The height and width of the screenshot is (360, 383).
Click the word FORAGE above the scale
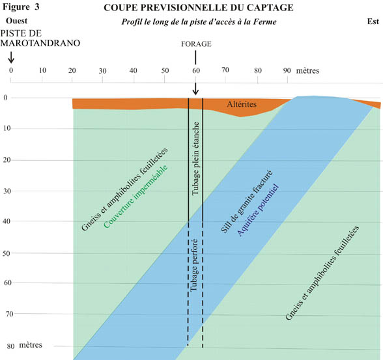[x=196, y=44]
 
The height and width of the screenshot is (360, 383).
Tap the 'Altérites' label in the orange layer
[x=242, y=104]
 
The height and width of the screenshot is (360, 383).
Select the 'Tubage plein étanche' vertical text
[x=195, y=158]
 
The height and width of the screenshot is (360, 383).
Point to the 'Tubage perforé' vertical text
[x=194, y=265]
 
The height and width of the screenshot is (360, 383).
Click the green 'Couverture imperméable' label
[x=135, y=197]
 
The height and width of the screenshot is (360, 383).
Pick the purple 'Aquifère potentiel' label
[x=258, y=210]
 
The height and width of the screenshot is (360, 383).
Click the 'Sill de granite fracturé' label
[x=246, y=201]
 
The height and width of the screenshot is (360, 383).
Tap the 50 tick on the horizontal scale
[x=165, y=79]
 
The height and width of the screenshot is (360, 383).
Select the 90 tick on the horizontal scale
[x=287, y=79]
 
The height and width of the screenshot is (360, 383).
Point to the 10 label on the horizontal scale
[x=42, y=70]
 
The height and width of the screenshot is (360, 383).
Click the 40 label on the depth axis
[x=7, y=221]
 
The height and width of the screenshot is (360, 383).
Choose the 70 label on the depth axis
[x=9, y=314]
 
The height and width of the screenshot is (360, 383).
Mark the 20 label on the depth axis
[x=7, y=160]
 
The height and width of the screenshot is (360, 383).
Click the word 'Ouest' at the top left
[x=17, y=21]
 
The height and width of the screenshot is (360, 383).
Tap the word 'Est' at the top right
[x=373, y=21]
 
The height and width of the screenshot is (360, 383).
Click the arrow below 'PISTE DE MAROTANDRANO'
[x=11, y=57]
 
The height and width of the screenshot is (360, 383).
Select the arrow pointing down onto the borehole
[x=195, y=89]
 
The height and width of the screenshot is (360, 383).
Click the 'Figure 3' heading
[x=21, y=7]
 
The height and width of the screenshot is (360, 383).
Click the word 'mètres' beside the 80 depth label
[x=31, y=345]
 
